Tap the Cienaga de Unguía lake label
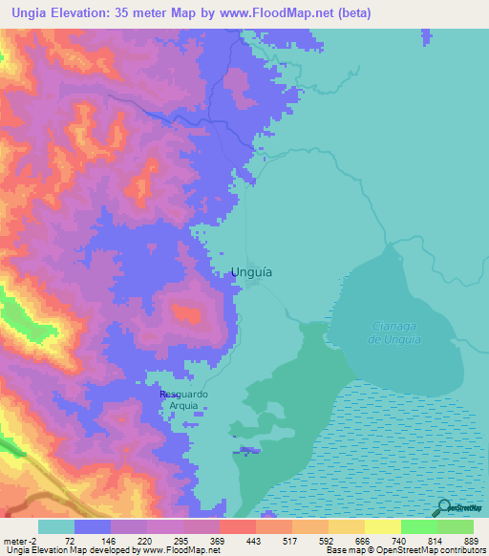click(x=395, y=333)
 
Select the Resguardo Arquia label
click(x=183, y=398)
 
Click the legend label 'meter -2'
click(x=19, y=541)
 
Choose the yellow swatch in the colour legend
click(x=382, y=526)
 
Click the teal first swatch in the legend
click(x=56, y=526)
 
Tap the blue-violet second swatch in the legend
click(x=93, y=526)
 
